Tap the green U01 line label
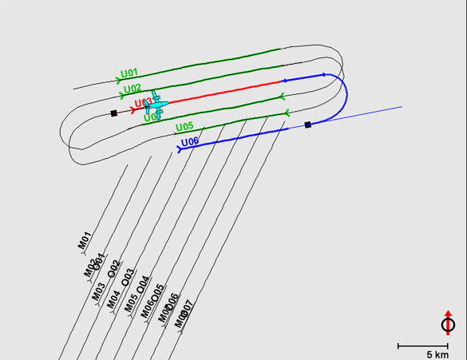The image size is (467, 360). point(129,73)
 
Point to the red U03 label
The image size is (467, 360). point(142,103)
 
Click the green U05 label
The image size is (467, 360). point(184,127)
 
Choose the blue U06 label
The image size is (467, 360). point(190,142)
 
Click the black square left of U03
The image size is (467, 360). point(114,113)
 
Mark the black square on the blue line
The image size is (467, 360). point(308,125)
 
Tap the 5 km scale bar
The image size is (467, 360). point(422,346)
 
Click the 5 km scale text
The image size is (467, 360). point(437,354)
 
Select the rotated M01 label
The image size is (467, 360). point(84,240)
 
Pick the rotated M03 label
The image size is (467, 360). point(98,291)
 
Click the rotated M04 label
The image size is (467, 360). point(114,299)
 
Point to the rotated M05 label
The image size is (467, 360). point(131,304)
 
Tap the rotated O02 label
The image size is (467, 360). point(115,268)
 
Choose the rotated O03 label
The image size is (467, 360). point(128,277)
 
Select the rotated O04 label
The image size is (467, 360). point(144,284)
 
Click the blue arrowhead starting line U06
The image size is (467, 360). point(180,148)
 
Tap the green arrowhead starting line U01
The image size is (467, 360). point(119,80)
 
